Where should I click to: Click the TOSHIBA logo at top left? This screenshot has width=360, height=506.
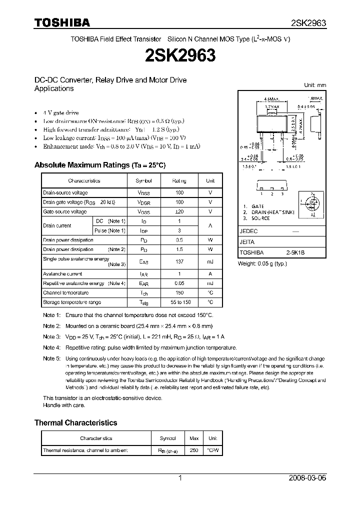(62, 22)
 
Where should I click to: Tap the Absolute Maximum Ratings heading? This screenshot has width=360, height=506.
(99, 165)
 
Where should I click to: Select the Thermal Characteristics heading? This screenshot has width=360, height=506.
(75, 422)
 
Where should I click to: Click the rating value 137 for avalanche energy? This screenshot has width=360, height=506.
(179, 261)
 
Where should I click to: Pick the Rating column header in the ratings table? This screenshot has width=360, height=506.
(179, 180)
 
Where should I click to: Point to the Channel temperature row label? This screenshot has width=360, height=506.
(65, 293)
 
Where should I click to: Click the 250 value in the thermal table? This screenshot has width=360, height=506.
(194, 450)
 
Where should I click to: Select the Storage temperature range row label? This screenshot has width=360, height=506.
(72, 302)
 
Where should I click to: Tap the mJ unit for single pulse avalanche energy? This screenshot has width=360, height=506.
(210, 261)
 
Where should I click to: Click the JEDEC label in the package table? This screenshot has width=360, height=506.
(248, 232)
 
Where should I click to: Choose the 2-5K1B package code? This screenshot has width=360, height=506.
(295, 253)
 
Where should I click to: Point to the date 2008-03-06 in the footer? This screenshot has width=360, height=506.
(307, 478)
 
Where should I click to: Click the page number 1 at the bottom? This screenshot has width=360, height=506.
(180, 478)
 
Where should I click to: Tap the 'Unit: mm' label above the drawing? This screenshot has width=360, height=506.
(315, 85)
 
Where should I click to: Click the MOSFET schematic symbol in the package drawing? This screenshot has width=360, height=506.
(310, 204)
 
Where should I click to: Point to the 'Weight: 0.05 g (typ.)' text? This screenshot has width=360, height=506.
(262, 263)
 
